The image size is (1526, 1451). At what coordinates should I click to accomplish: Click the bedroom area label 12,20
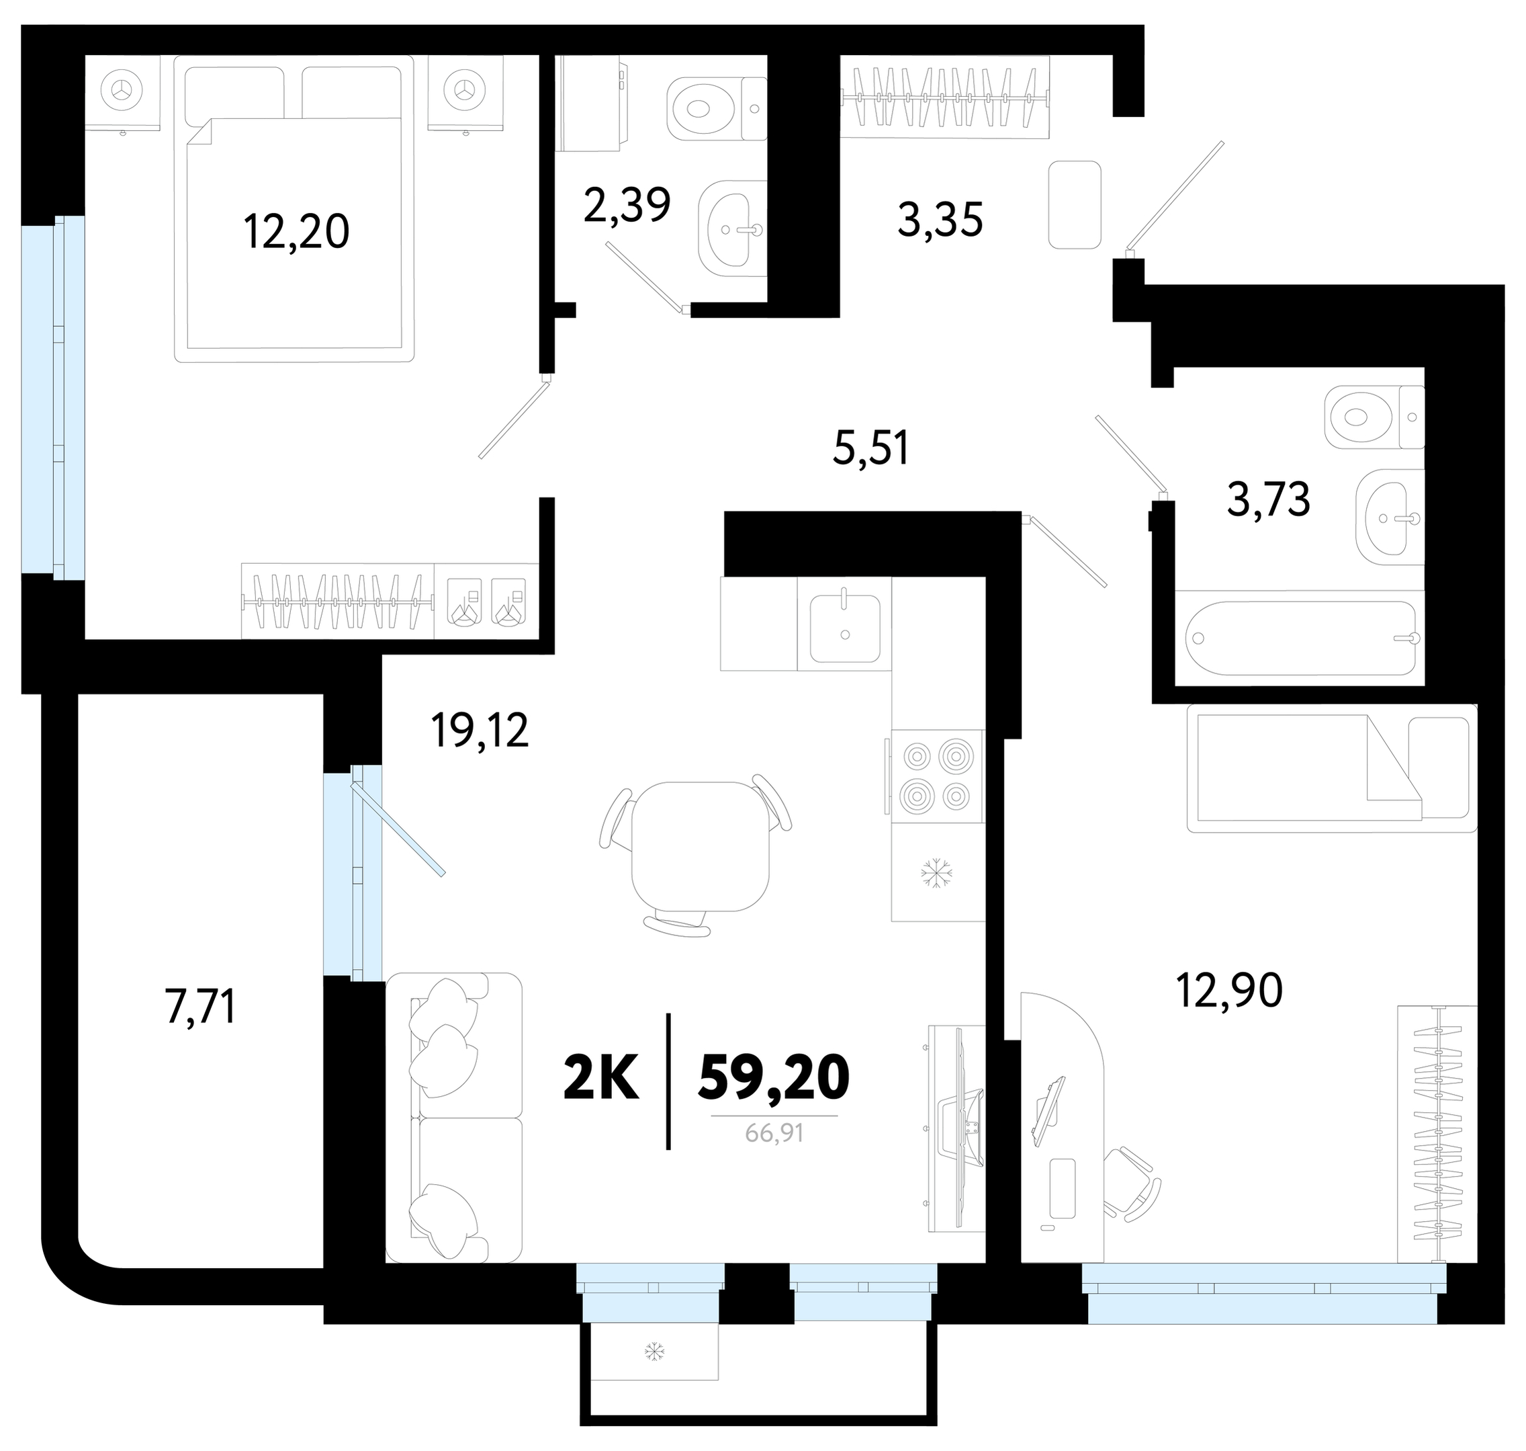[297, 231]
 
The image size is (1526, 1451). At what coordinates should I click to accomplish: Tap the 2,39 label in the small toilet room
[627, 204]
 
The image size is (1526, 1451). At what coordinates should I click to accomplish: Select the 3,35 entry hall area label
[940, 220]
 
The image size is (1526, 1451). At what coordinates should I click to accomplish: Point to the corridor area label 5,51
[871, 448]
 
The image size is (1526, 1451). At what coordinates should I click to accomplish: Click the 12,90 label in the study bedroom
[1229, 990]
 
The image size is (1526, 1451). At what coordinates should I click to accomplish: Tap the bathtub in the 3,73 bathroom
[1302, 638]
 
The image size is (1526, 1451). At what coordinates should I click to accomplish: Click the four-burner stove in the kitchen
[937, 776]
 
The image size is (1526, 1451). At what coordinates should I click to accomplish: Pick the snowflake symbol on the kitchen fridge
[936, 873]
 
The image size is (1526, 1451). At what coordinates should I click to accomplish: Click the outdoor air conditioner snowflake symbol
[655, 1352]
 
